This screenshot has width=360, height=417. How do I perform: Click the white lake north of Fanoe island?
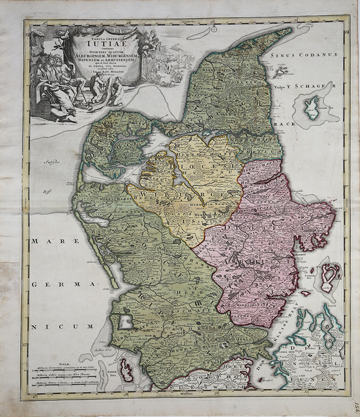tap(125, 322)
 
